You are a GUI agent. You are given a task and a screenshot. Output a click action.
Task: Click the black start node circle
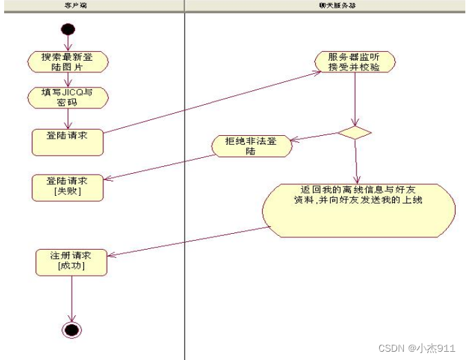[x=68, y=30]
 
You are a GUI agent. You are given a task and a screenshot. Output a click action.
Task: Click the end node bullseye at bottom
[x=72, y=329]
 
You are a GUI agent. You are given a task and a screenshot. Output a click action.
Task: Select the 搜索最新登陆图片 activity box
[x=68, y=61]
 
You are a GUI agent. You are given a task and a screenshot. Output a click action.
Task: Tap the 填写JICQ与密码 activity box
[x=68, y=97]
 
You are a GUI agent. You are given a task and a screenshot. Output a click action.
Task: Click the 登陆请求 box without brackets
[x=68, y=141]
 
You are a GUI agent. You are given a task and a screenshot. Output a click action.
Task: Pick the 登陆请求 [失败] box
[x=68, y=187]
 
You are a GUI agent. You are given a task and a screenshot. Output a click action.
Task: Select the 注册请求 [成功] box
[x=71, y=261]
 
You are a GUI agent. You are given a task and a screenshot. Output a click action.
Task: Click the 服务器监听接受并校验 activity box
[x=354, y=62]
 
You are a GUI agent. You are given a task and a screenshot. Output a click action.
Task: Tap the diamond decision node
[x=355, y=132]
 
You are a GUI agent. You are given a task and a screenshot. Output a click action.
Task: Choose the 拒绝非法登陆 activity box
[x=250, y=146]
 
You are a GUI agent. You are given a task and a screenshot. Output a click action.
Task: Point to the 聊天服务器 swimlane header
[x=325, y=6]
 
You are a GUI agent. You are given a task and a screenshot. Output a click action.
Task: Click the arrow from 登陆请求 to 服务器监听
[x=210, y=101]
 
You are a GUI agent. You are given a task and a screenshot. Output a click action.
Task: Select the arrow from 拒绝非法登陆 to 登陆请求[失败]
[x=161, y=166]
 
